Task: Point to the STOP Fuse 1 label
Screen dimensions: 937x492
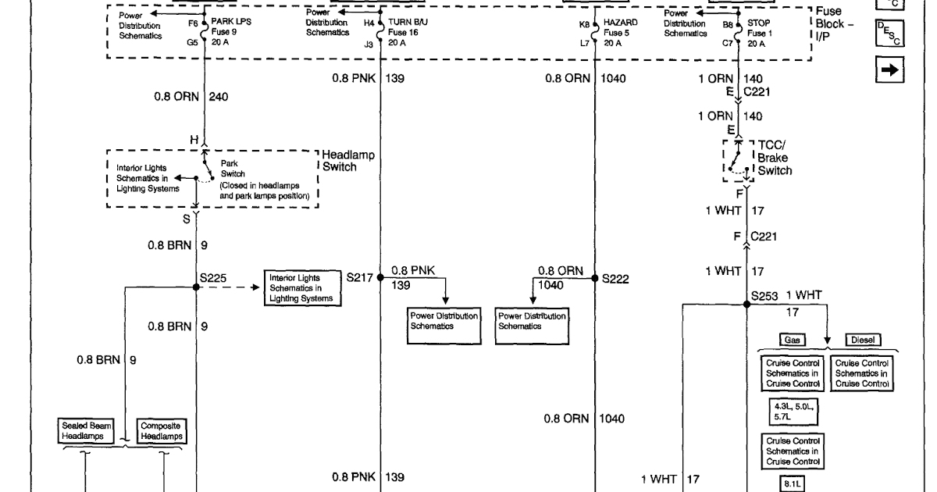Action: point(759,34)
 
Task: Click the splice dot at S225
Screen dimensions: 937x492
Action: point(196,287)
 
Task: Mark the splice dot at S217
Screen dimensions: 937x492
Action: point(381,276)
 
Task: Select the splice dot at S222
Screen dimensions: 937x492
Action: point(594,276)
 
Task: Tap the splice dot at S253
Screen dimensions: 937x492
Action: point(746,305)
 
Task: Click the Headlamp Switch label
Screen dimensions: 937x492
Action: point(347,161)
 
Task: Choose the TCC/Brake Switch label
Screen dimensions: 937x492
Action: point(775,158)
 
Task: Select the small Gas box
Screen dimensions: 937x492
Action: point(791,340)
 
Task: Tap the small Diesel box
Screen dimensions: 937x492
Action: point(863,340)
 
